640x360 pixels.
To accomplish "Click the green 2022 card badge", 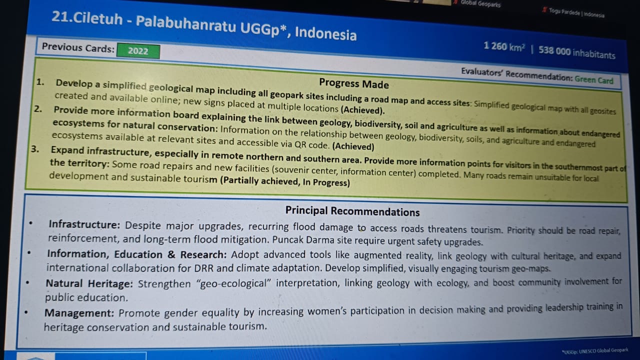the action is [x=138, y=51].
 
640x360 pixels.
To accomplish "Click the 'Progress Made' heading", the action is [x=353, y=83].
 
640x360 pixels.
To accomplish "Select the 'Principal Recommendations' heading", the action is [x=352, y=211].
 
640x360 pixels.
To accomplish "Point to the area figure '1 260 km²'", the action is [x=504, y=46].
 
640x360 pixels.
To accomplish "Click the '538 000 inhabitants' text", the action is [x=576, y=52].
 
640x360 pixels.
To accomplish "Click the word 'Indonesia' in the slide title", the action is [x=325, y=33].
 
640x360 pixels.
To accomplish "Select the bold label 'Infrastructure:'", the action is [x=84, y=224].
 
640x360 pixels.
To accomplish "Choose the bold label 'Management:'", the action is [x=79, y=313].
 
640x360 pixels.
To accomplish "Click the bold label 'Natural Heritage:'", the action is [x=89, y=283].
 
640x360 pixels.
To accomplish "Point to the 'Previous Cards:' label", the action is [x=78, y=47].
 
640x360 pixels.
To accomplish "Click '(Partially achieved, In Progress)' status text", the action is [x=285, y=181].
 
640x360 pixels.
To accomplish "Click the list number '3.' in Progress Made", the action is [x=35, y=149].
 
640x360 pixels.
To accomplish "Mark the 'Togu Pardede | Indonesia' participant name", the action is [x=576, y=13].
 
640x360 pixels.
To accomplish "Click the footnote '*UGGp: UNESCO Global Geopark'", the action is [x=595, y=350].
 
